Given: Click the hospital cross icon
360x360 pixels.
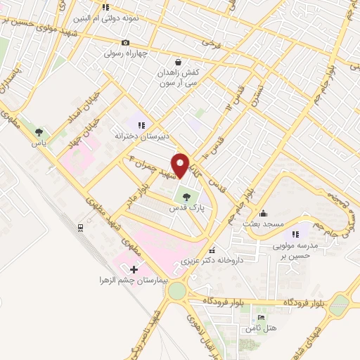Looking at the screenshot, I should click(x=134, y=269).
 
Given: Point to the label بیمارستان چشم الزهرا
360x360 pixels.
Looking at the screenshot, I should click(x=134, y=281).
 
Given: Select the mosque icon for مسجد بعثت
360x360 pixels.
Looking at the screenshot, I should click(x=263, y=213).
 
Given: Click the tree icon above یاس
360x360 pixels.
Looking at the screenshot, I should click(x=38, y=131).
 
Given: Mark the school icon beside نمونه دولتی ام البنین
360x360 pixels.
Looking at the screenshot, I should click(x=105, y=8).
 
